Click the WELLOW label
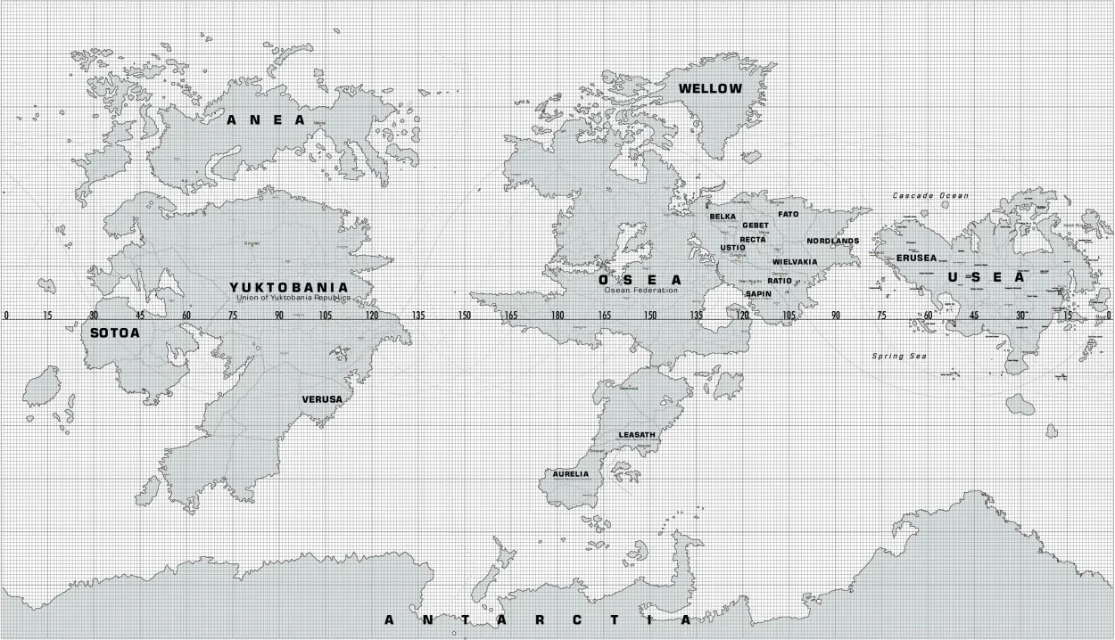coord(710,88)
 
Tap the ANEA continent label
coord(266,119)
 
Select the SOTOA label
coord(115,333)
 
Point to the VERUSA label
coord(321,399)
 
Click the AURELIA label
coord(571,474)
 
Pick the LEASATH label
coord(637,435)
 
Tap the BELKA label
coord(723,217)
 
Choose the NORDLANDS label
coord(833,242)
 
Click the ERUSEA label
coord(917,258)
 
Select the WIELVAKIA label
coord(795,262)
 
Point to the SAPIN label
coord(758,293)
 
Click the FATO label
coord(789,215)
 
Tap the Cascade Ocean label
coord(931,195)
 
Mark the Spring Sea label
coord(899,357)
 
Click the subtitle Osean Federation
coord(641,290)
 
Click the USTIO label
coord(732,248)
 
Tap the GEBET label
coord(756,226)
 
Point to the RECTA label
coord(753,239)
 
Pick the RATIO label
coord(780,281)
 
